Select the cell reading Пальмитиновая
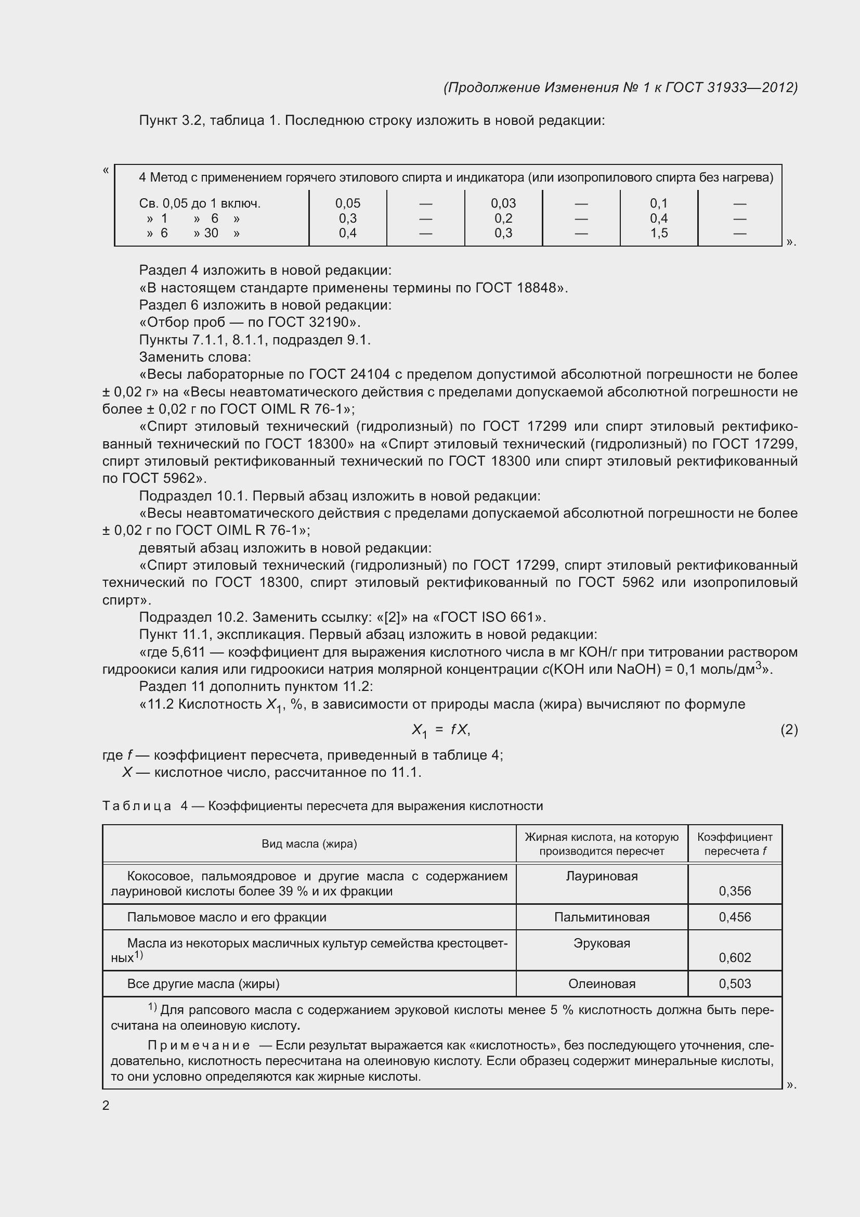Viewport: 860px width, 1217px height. click(x=602, y=917)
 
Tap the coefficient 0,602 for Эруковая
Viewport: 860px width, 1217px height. click(x=735, y=957)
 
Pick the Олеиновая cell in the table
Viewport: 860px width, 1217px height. click(x=602, y=984)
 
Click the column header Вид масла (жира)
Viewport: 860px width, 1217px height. click(x=309, y=844)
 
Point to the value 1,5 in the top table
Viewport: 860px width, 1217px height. click(x=659, y=233)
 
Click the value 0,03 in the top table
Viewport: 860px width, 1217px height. click(x=503, y=203)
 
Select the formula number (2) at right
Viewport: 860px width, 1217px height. click(x=789, y=730)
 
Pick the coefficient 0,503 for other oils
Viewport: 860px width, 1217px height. click(x=735, y=984)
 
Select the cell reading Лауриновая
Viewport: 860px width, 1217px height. click(x=602, y=876)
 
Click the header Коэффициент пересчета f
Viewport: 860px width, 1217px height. click(x=735, y=844)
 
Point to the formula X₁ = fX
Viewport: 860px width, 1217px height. click(x=440, y=731)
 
